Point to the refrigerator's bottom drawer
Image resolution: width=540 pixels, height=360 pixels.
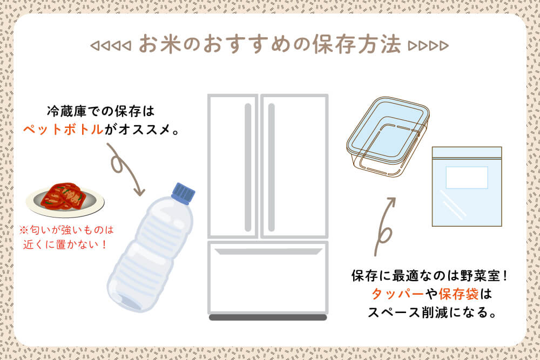[x=267, y=281]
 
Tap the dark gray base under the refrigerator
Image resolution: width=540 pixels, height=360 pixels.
[x=267, y=317]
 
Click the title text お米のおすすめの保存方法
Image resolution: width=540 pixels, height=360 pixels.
[x=269, y=45]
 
